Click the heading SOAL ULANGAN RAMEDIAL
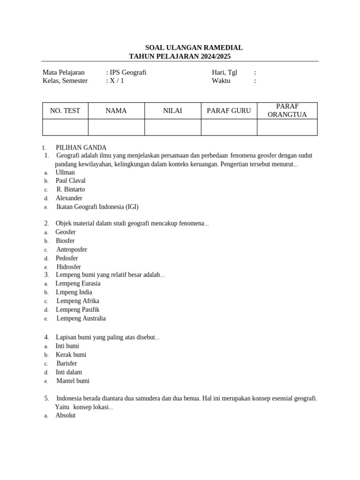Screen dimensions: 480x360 pyautogui.click(x=194, y=48)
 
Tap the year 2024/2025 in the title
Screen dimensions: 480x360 pyautogui.click(x=215, y=56)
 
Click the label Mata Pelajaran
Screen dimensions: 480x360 pyautogui.click(x=64, y=72)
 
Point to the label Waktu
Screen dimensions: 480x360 pyautogui.click(x=221, y=81)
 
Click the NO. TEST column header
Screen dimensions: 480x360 pyautogui.click(x=65, y=111)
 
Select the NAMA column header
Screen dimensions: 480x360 pyautogui.click(x=116, y=111)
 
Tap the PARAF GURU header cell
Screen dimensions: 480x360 pyautogui.click(x=229, y=111)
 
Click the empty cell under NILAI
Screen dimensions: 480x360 pyautogui.click(x=172, y=127)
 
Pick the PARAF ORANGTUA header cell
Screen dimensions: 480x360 pyautogui.click(x=287, y=111)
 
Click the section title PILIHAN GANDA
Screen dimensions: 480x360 pyautogui.click(x=81, y=148)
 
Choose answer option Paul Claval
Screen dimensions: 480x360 pyautogui.click(x=71, y=180)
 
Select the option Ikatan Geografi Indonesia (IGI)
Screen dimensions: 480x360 pyautogui.click(x=97, y=207)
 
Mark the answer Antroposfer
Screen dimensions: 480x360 pyautogui.click(x=72, y=249)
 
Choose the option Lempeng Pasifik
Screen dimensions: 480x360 pyautogui.click(x=78, y=309)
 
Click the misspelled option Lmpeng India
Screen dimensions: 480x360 pyautogui.click(x=74, y=292)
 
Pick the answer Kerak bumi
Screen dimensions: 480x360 pyautogui.click(x=71, y=355)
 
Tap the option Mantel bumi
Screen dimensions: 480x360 pyautogui.click(x=73, y=381)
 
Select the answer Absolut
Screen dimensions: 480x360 pyautogui.click(x=66, y=415)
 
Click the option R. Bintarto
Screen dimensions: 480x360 pyautogui.click(x=71, y=189)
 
